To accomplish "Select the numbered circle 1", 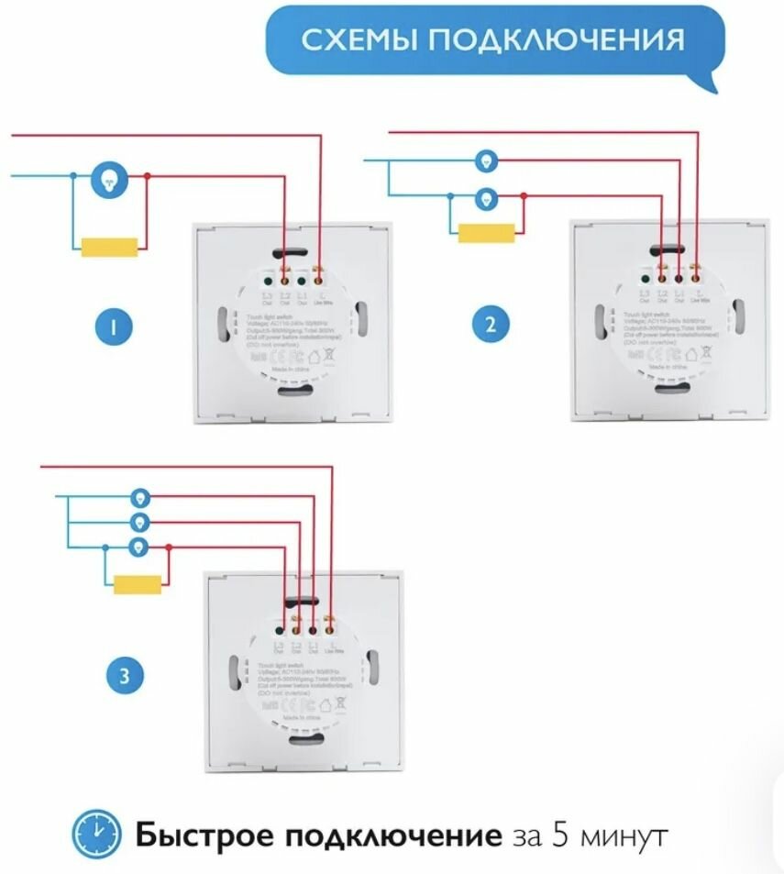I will (x=114, y=326).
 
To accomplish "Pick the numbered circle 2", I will (x=491, y=324).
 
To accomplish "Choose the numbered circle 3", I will (x=124, y=677).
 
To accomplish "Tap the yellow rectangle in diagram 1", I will (x=110, y=246).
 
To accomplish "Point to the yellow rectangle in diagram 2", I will (x=486, y=233).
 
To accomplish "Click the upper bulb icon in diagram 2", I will (x=485, y=161).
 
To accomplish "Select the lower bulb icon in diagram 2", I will (x=485, y=195).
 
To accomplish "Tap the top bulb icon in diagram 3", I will (x=139, y=497).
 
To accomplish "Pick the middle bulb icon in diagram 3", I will (x=139, y=522).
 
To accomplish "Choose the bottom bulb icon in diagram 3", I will (x=139, y=548).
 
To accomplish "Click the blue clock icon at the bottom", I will (x=95, y=835).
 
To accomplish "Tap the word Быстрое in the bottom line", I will (x=204, y=836).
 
